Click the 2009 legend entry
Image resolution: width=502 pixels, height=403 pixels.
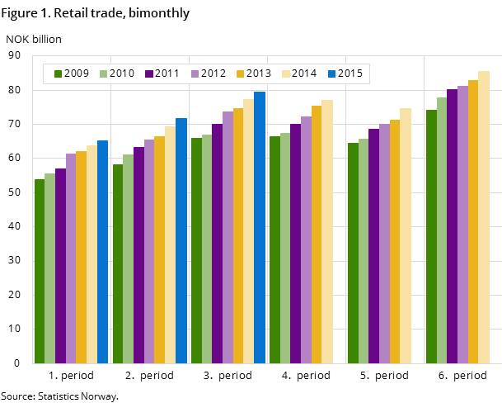72,73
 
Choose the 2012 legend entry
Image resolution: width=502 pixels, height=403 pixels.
208,73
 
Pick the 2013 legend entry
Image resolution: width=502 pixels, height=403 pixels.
253,73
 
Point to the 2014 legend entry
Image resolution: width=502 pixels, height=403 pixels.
298,73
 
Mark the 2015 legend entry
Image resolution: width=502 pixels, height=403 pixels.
344,73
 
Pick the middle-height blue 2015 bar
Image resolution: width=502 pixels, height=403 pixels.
181,240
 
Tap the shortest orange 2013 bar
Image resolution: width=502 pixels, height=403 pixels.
81,257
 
